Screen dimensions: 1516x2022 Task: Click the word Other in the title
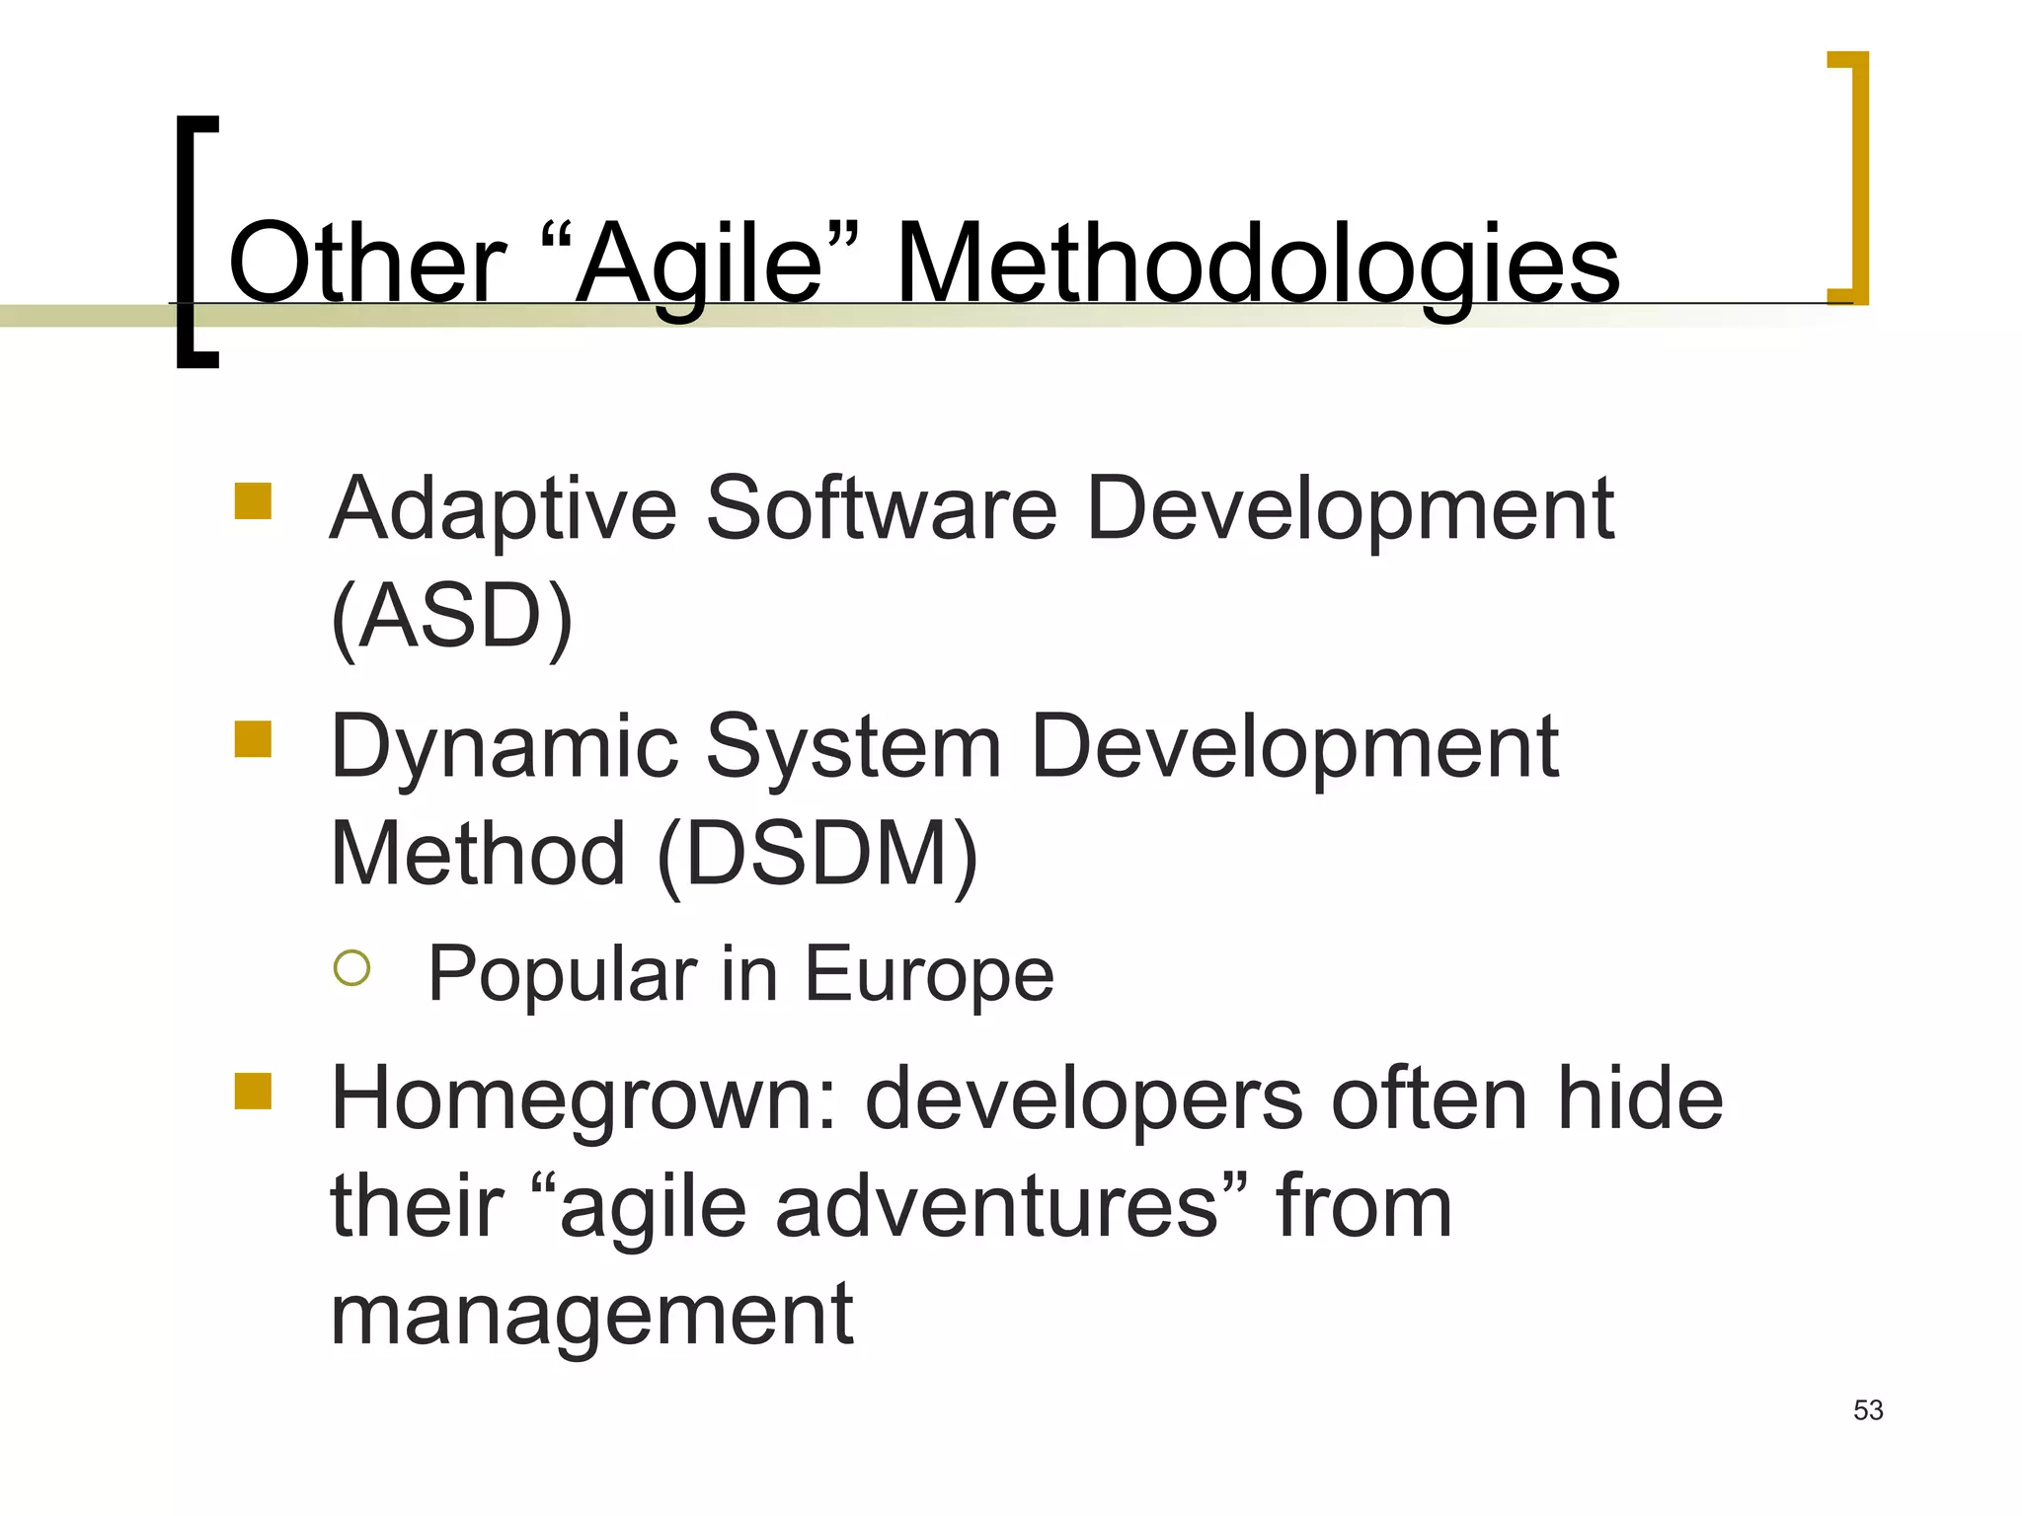366,264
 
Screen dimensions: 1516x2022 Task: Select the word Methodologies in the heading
1257,264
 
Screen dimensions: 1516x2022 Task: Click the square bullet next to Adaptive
253,500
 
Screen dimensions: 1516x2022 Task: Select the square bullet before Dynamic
253,738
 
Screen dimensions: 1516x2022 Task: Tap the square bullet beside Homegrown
253,1092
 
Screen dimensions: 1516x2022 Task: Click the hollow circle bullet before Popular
351,968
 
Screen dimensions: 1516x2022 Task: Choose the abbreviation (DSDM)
817,854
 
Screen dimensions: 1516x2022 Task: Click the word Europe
929,975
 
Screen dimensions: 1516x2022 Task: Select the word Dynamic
505,748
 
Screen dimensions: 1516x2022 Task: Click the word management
591,1316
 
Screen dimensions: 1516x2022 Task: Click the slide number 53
1868,1410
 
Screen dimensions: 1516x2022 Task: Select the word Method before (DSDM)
478,854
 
